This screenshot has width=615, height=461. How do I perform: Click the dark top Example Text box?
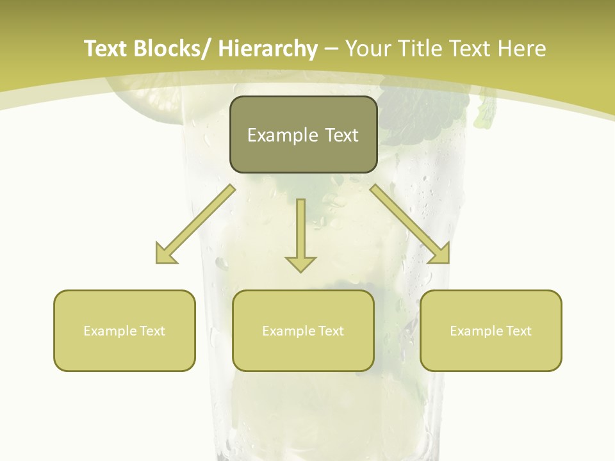302,134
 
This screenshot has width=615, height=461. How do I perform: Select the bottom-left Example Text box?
124,330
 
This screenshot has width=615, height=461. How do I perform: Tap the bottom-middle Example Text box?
302,330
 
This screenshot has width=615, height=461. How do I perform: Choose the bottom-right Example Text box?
491,330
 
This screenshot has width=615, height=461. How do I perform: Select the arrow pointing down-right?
410,224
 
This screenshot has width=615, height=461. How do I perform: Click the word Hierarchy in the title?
268,49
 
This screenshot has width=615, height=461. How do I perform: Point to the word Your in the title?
367,49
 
